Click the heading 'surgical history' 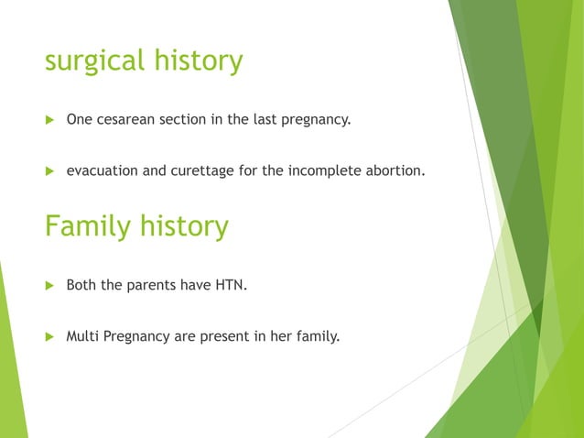[144, 61]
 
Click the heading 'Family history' [136, 225]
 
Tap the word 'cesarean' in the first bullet [127, 119]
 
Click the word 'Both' [81, 285]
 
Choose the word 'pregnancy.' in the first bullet [317, 120]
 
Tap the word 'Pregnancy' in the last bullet [135, 337]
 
